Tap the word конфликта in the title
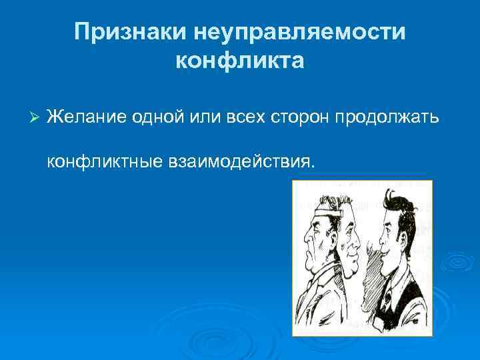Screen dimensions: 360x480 tap(240, 61)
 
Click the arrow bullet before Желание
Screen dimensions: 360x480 tap(37, 117)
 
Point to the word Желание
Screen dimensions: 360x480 tap(83, 117)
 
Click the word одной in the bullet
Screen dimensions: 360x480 tap(149, 117)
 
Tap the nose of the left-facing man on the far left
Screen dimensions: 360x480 tap(304, 237)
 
